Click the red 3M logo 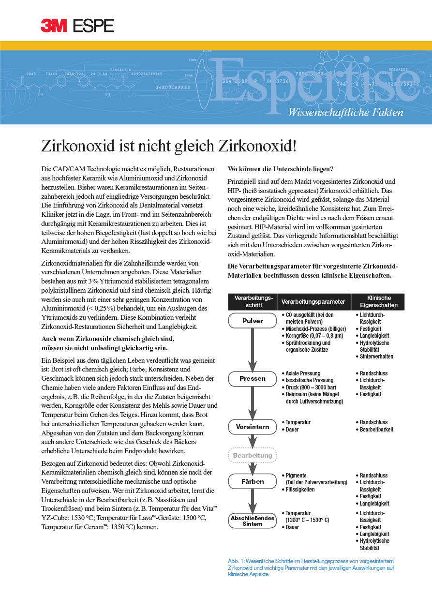(53, 25)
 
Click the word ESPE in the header (93, 25)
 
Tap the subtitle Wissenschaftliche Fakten (345, 113)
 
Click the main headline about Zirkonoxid (168, 146)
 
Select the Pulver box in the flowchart (253, 321)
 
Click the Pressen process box (253, 378)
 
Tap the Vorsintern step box (253, 427)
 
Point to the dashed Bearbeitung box (253, 455)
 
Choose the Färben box (253, 481)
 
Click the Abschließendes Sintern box (253, 521)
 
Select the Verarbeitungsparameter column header (313, 302)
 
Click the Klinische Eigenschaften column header (379, 301)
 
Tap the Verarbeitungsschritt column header (253, 301)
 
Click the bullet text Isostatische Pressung (309, 380)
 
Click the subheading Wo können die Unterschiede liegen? (280, 169)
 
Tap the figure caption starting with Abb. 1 (311, 567)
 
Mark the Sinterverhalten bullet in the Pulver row (376, 357)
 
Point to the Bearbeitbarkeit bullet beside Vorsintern (376, 430)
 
